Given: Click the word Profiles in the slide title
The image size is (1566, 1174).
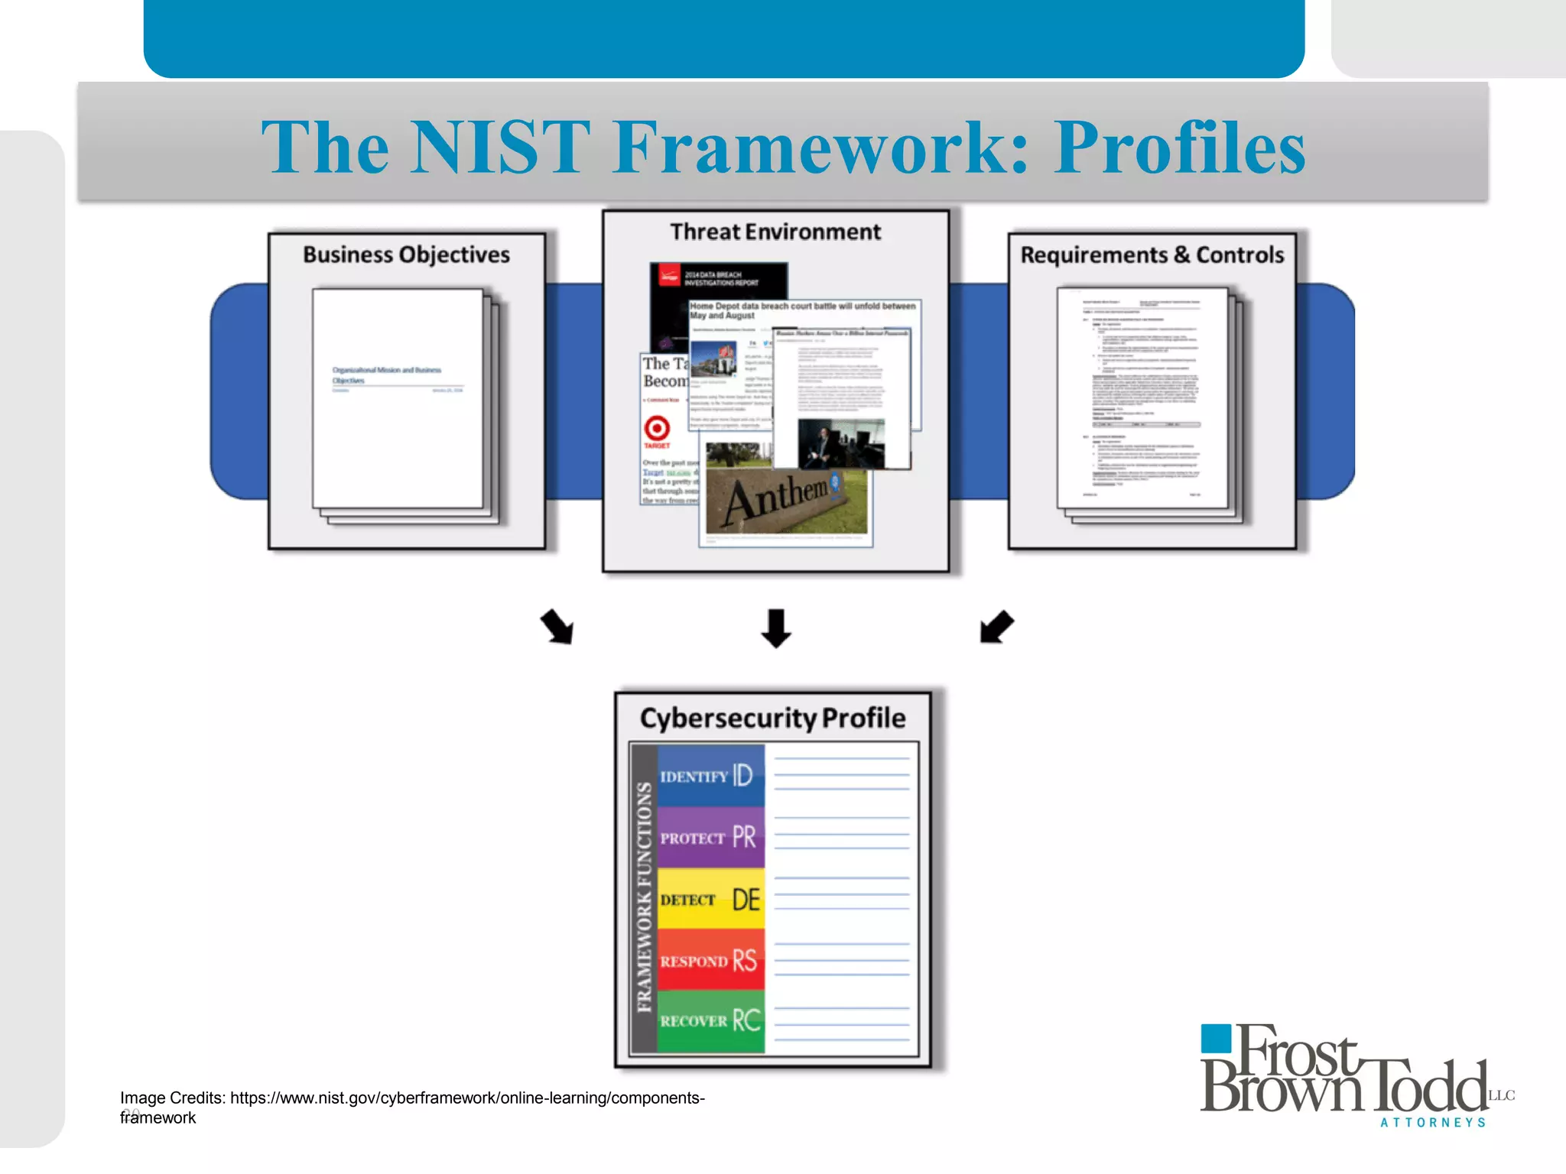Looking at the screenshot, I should (1179, 147).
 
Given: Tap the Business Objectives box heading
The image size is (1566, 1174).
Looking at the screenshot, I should (406, 255).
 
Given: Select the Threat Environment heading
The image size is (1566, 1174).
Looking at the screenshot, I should (775, 232).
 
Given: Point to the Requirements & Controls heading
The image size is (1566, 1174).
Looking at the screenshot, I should (1152, 255).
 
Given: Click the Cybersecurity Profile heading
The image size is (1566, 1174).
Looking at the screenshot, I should (772, 718).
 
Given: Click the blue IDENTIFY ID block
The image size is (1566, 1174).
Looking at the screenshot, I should (710, 776).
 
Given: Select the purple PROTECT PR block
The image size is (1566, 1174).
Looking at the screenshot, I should (710, 838).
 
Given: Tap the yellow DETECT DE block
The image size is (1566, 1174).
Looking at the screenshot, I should (710, 900).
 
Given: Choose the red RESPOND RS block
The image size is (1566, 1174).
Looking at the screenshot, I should (710, 961).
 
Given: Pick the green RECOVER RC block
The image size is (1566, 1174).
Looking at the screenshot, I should (710, 1021).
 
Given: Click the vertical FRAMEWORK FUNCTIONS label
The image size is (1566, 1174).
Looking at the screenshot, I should (645, 898).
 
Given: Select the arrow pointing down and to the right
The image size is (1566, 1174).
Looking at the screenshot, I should (557, 627).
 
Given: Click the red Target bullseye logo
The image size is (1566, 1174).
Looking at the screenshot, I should (657, 428).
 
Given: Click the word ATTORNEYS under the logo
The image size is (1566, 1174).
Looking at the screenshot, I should (1433, 1123).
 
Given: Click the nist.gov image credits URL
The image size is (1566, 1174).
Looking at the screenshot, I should (466, 1098).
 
